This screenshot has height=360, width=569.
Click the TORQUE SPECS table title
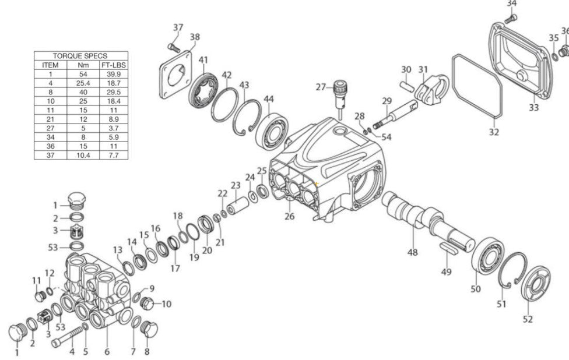tap(80, 56)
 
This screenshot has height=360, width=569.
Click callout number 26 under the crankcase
tap(290, 217)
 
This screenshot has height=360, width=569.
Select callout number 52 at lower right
tap(528, 319)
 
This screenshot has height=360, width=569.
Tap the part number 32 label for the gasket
tap(494, 132)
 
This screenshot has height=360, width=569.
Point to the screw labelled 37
tap(173, 45)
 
